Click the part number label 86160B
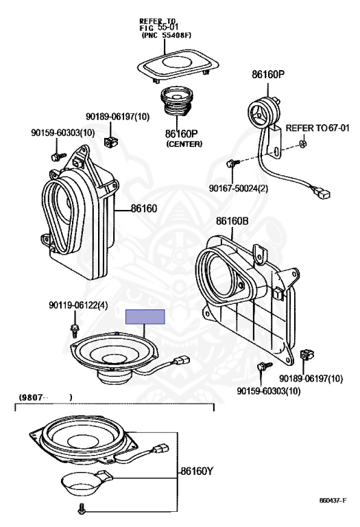coord(232,221)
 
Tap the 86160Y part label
coord(196,471)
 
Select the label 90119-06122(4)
coord(78,305)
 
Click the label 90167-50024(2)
coord(239,188)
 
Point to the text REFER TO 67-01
coord(317,128)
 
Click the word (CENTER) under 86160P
coord(184,144)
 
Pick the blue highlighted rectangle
coord(145,317)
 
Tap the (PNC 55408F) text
coord(167,35)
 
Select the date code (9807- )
coord(45,397)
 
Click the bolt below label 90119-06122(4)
coord(75,330)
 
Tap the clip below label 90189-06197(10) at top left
coord(111,143)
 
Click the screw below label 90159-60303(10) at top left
coord(58,156)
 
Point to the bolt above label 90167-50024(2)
coord(232,164)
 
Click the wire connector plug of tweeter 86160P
coord(322,193)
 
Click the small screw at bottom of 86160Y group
coord(81,509)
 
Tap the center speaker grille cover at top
coord(178,65)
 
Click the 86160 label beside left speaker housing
coord(144,209)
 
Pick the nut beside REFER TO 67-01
coord(302,144)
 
